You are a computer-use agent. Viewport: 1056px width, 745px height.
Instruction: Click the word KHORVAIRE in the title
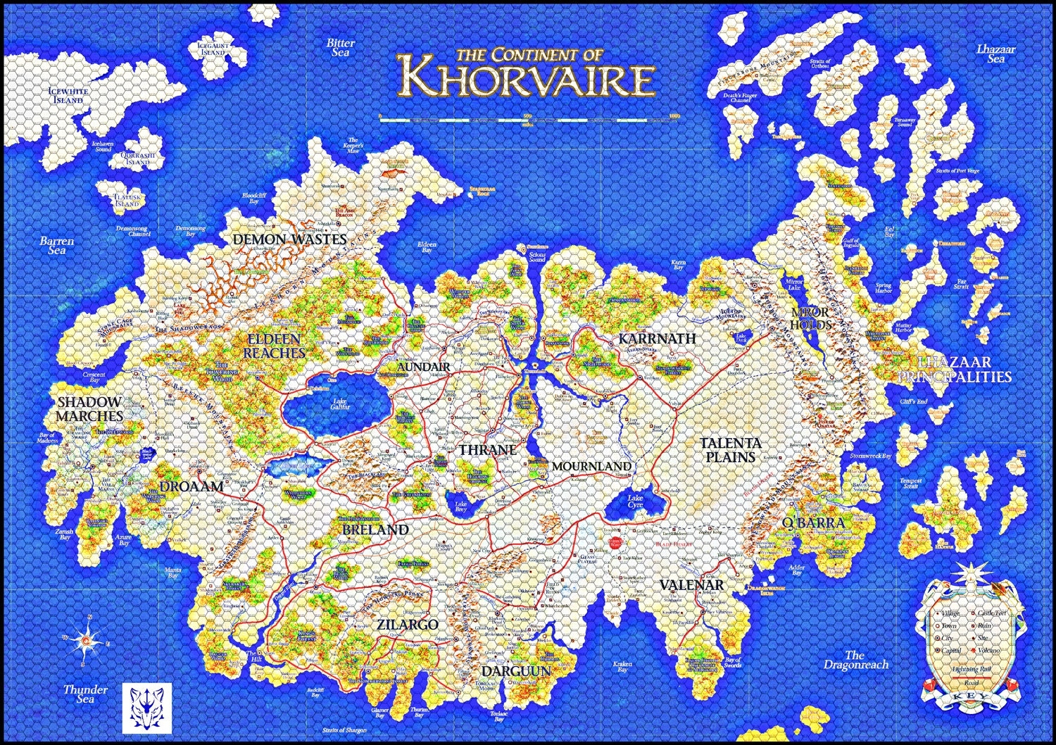(527, 80)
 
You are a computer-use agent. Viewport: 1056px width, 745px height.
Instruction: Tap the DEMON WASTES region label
(290, 239)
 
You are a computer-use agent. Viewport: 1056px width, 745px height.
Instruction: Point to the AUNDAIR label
(423, 367)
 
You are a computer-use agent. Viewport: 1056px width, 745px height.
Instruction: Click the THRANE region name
(488, 449)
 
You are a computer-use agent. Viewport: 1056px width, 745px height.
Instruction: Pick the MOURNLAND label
(591, 466)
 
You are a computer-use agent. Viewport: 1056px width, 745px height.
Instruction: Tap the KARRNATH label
(657, 339)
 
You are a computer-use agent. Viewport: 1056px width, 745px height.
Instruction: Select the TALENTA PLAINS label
(731, 449)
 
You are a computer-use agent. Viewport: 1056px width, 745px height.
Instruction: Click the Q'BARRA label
(813, 522)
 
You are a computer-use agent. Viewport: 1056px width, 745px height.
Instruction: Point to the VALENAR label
(691, 585)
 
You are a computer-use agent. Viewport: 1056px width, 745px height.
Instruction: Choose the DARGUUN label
(516, 671)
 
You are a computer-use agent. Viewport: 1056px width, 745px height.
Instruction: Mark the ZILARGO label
(407, 625)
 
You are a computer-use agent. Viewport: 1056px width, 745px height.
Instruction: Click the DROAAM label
(191, 486)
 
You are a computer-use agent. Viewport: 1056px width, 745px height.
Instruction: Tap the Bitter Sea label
(341, 47)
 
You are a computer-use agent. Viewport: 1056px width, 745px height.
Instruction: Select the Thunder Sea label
(85, 694)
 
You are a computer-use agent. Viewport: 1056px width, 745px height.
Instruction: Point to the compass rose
(87, 639)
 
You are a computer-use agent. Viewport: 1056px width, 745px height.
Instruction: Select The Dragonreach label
(855, 660)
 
